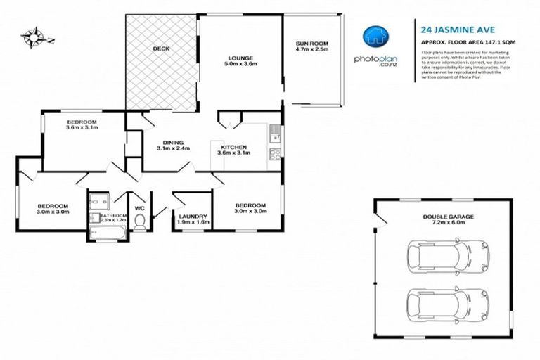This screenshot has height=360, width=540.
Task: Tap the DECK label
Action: tap(161, 49)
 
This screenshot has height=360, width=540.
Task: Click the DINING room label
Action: tap(168, 144)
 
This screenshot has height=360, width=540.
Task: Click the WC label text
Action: tap(139, 208)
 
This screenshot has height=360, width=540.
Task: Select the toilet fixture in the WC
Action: tap(139, 223)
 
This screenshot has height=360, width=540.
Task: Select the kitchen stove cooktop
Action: tap(276, 155)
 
